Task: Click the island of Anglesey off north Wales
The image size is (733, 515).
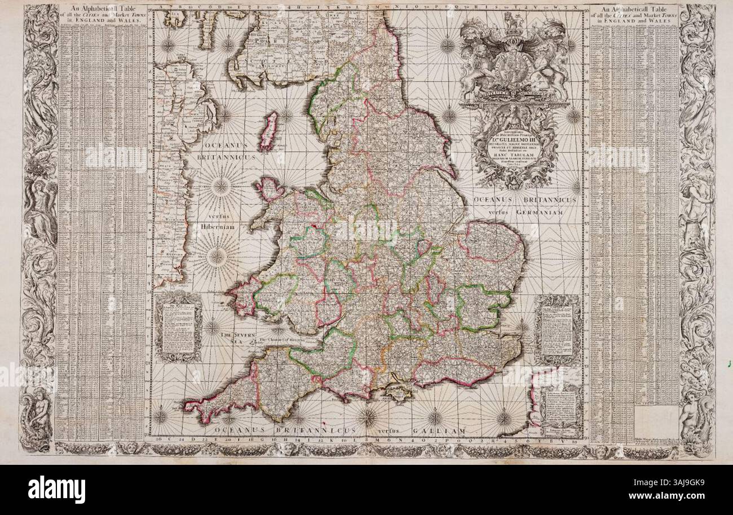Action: point(270,189)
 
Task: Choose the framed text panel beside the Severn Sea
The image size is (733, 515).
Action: point(178,327)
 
